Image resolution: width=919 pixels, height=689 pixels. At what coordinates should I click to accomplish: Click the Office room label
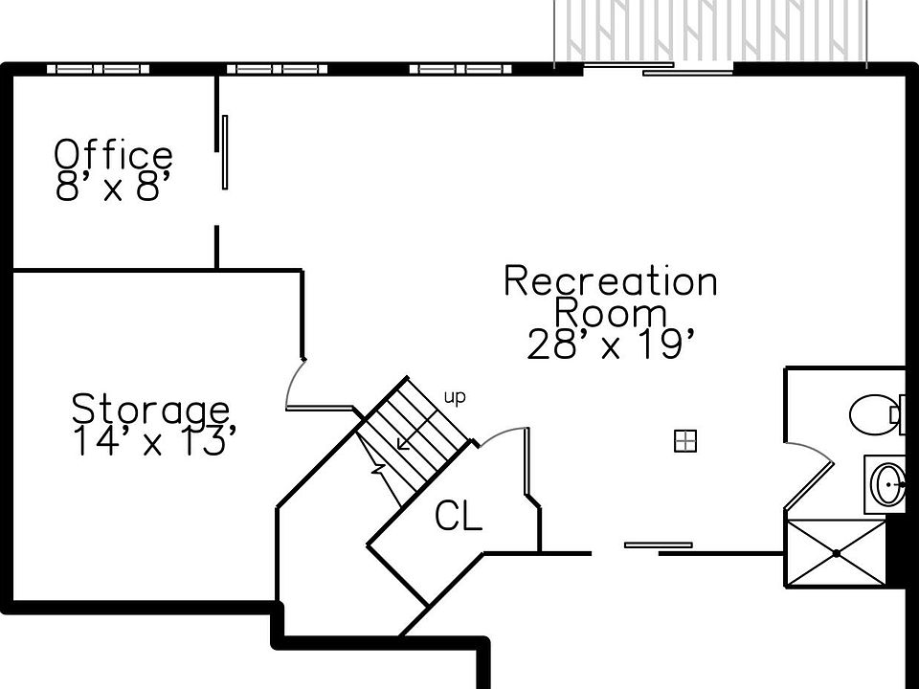114,154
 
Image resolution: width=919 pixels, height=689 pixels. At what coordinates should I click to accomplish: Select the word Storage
150,409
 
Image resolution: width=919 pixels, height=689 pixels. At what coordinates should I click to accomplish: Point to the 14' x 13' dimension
155,440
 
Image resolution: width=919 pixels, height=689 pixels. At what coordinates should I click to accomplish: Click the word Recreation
610,281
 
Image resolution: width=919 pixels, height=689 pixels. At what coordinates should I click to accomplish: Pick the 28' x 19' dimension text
612,344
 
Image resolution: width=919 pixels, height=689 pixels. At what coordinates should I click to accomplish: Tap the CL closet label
459,516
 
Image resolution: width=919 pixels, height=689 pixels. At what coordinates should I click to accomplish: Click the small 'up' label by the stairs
455,397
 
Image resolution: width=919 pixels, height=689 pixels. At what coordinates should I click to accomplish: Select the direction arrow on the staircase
416,430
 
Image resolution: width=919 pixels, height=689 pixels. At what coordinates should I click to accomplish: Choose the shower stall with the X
836,553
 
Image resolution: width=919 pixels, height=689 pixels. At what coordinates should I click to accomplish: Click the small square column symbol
685,440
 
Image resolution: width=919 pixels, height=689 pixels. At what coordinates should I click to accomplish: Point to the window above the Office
98,69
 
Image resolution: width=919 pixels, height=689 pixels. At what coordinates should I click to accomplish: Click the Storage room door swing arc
294,382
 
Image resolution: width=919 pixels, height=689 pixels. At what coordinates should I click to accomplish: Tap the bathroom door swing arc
812,448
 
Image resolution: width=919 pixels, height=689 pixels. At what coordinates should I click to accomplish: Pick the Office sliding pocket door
225,152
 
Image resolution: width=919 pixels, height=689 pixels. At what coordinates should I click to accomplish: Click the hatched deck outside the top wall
710,31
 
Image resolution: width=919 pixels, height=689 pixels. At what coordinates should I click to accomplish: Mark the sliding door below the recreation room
658,545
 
